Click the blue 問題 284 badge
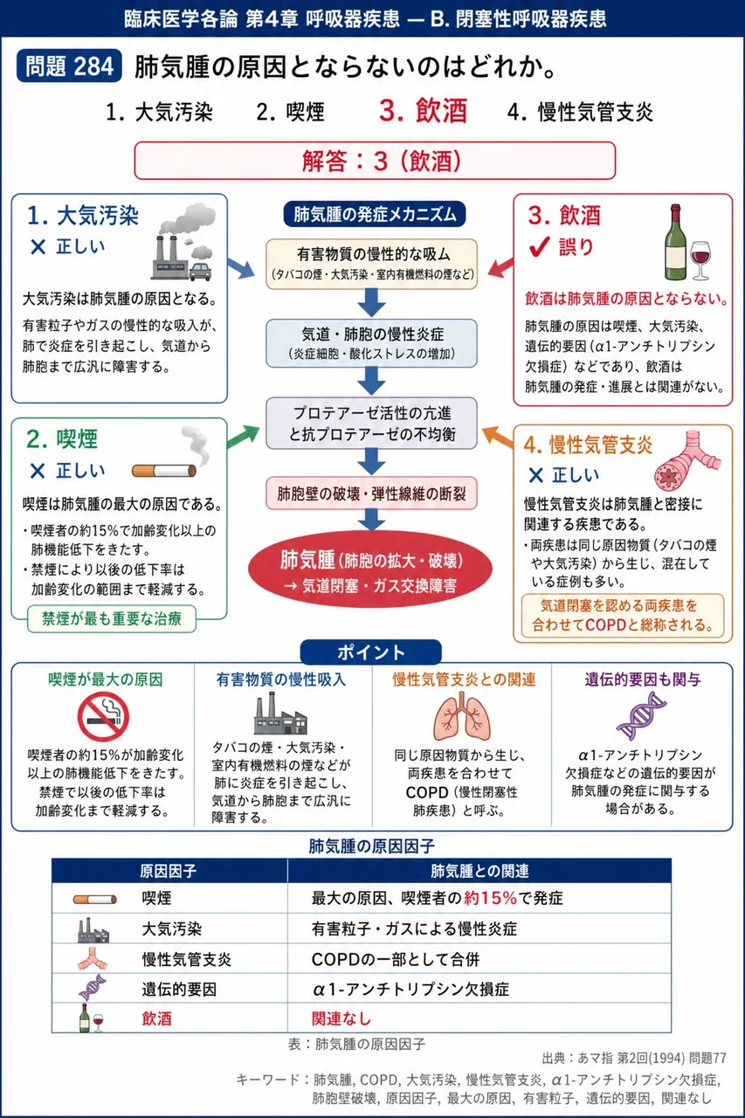69,66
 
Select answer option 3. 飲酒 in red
423,111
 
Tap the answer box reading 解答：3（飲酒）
375,161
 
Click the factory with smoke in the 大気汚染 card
184,242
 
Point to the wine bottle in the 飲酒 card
675,242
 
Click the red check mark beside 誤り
540,246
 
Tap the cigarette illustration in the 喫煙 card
164,471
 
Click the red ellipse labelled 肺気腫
370,569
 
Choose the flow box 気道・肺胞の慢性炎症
371,343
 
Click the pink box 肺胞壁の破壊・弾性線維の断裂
371,493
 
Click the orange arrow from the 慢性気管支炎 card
498,438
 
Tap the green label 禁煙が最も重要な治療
111,619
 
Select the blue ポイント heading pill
371,652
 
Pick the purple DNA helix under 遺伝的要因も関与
641,715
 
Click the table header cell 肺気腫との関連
479,872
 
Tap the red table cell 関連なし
341,1018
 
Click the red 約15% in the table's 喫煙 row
490,899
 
